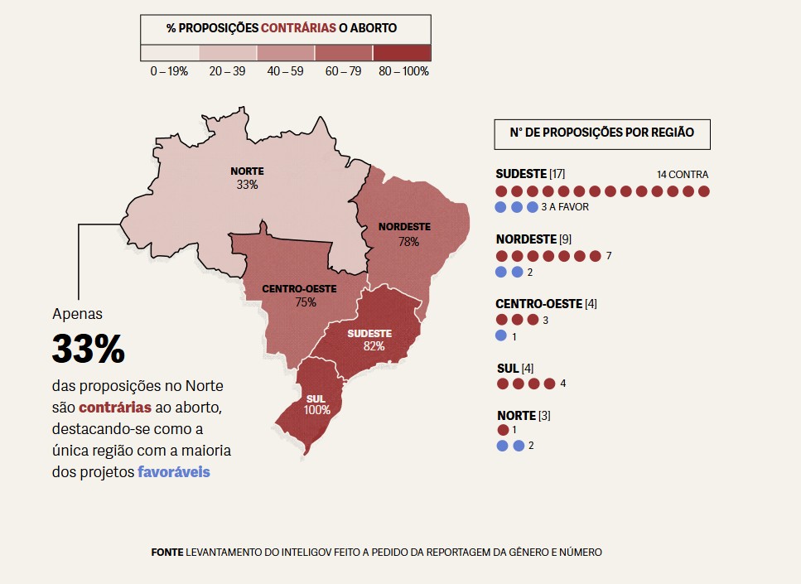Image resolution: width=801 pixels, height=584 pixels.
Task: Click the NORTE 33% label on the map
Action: (247, 178)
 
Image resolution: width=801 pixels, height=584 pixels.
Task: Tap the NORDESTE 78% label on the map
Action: (404, 234)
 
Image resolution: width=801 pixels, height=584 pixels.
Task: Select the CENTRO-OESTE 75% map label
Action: (299, 296)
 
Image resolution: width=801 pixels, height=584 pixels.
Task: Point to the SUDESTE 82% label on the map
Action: (369, 340)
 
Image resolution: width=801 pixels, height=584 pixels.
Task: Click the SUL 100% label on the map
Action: (316, 404)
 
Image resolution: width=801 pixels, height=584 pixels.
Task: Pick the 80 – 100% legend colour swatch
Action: (402, 53)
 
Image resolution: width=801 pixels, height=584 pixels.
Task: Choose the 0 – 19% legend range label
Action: (169, 71)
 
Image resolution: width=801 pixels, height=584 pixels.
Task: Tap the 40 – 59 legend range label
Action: (285, 71)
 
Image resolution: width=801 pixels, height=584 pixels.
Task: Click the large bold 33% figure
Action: (88, 349)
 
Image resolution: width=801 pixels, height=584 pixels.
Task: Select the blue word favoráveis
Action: (173, 472)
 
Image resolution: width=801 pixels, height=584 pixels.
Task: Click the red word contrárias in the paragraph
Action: (115, 408)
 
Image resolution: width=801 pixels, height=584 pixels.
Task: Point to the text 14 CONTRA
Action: (682, 175)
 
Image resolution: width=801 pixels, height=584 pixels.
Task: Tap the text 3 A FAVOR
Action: (564, 207)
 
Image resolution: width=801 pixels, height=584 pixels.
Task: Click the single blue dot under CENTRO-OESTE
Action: (501, 335)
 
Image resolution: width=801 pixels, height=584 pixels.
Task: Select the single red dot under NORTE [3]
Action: (503, 430)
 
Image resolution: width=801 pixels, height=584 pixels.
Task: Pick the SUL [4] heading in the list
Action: (514, 368)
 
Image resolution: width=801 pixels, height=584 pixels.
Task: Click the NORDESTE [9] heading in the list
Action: (533, 239)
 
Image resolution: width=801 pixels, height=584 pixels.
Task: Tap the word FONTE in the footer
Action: (167, 552)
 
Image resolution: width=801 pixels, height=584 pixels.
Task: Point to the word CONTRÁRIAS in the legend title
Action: (298, 28)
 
